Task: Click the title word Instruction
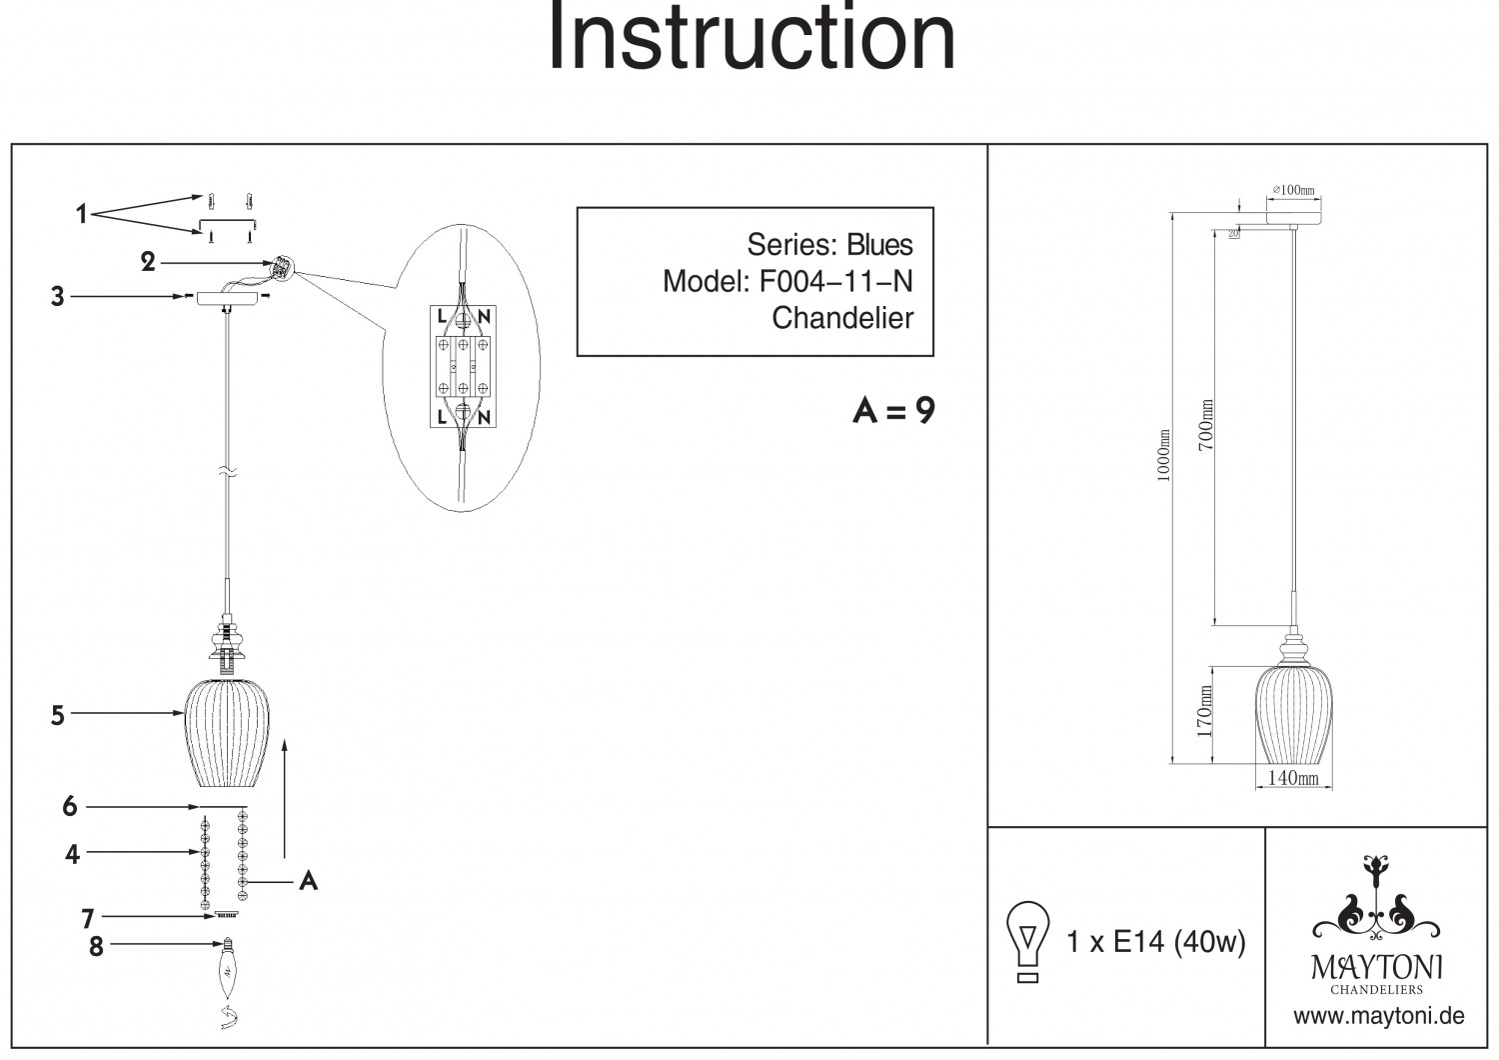(751, 38)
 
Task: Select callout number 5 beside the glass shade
(58, 715)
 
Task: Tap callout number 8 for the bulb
(96, 946)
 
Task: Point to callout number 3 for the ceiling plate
(58, 297)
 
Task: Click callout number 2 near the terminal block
(148, 263)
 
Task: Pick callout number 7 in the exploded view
(87, 918)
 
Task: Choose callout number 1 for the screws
(82, 214)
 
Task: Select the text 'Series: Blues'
(829, 245)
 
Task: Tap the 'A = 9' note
(893, 411)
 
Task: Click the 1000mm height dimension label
(1163, 456)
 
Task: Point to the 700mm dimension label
(1206, 424)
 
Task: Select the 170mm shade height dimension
(1204, 710)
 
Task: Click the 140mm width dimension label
(1292, 778)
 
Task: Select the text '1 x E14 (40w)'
(1156, 941)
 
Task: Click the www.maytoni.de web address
(1378, 1017)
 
